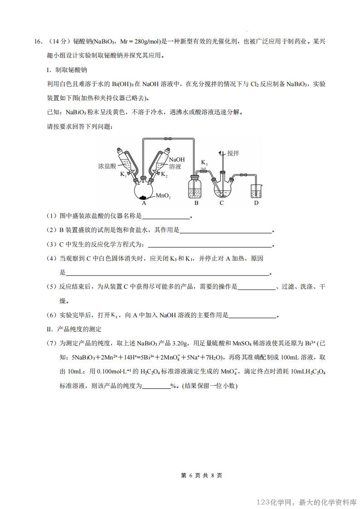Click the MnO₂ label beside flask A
coord(164,196)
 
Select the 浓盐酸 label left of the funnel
coord(107,166)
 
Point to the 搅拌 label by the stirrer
coord(234,153)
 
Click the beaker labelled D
coord(256,191)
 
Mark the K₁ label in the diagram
coord(123,175)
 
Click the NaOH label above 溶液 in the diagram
coord(177,160)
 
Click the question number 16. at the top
coord(39,42)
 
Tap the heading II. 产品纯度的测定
coord(74,329)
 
